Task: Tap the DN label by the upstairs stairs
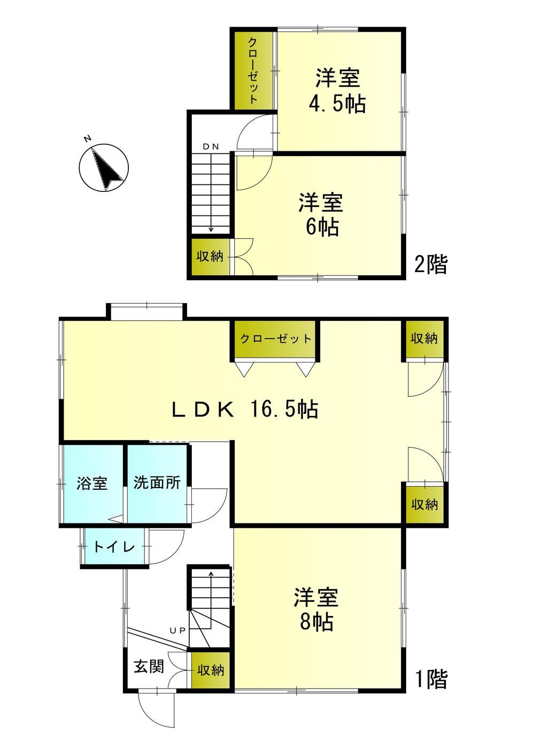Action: [211, 146]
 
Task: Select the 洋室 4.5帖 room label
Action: [337, 90]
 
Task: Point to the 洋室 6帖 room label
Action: [321, 214]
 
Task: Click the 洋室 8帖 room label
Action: [316, 609]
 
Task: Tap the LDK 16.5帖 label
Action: [245, 410]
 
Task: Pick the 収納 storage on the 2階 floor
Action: [210, 257]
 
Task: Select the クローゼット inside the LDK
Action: [275, 338]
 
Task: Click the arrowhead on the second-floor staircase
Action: [211, 229]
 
